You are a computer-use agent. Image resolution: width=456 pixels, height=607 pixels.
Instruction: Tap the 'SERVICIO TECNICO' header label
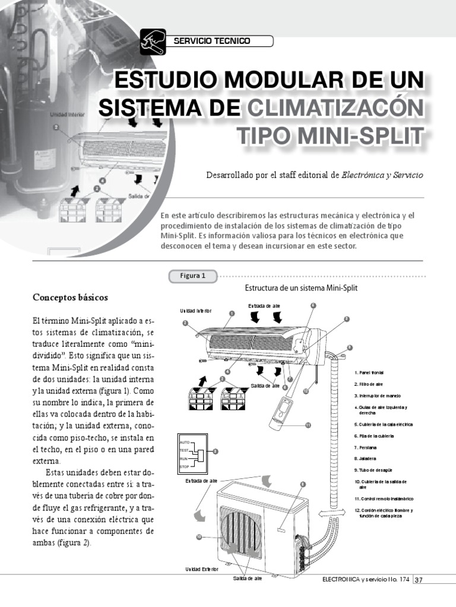[211, 41]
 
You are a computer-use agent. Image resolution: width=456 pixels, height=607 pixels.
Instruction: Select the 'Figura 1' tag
[193, 276]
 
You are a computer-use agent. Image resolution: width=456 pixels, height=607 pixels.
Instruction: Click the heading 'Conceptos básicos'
[70, 296]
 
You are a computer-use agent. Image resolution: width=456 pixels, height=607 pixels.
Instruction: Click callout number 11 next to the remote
[308, 425]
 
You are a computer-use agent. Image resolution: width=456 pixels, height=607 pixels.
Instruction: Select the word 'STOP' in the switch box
[185, 467]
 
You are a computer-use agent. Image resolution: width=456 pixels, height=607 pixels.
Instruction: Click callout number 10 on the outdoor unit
[199, 536]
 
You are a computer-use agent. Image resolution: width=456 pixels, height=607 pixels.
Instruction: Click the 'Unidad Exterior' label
[201, 569]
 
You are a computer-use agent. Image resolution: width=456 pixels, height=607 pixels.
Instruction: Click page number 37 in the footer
[419, 580]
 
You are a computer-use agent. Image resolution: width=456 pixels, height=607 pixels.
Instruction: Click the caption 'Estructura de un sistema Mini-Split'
[301, 288]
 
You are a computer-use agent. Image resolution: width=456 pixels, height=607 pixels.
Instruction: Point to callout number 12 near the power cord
[305, 391]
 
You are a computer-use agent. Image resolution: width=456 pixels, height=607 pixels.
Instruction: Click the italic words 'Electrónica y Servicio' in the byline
[382, 175]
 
